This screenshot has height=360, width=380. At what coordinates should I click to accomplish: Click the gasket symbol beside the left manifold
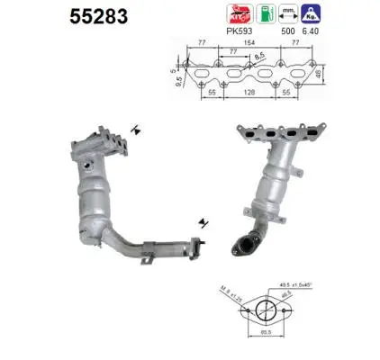tap(134, 130)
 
